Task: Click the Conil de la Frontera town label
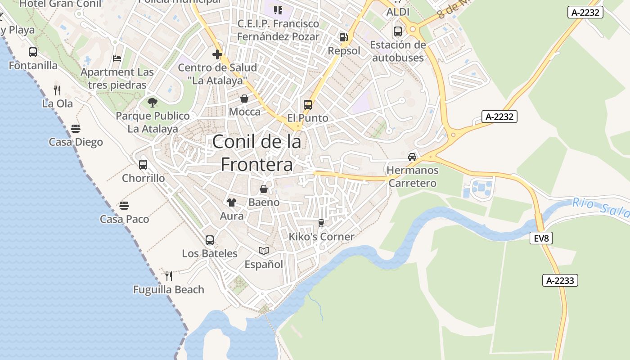coord(256,153)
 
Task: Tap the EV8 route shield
coord(541,238)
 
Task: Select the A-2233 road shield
coord(560,280)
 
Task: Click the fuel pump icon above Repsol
coord(344,37)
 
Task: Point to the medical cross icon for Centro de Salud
coord(217,55)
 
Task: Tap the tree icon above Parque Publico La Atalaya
coord(153,103)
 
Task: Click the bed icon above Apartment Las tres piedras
coord(117,58)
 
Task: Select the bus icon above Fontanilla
coord(33,52)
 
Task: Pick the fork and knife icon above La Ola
coord(57,90)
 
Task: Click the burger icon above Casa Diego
coord(76,129)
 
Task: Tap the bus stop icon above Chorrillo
coord(143,165)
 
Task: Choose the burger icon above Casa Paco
coord(124,206)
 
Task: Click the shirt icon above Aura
coord(232,202)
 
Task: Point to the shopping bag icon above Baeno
coord(264,189)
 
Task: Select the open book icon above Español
coord(264,251)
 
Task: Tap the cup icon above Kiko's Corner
coord(321,223)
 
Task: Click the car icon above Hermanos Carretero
coord(412,157)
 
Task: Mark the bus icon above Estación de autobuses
coord(398,31)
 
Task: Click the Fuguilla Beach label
coord(169,289)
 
